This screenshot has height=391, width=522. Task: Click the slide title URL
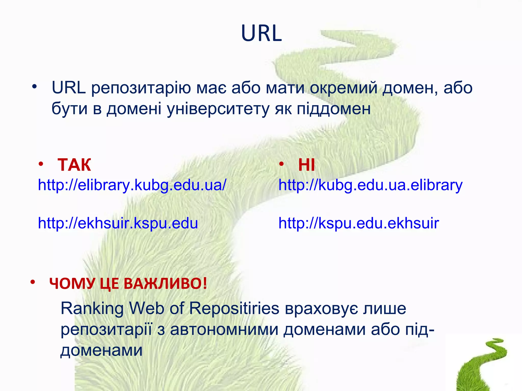(261, 33)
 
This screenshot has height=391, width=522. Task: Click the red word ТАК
(74, 165)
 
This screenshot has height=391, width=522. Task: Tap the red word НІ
(306, 165)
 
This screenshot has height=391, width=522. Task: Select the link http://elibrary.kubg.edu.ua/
(132, 185)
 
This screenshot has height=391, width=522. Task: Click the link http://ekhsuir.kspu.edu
(118, 223)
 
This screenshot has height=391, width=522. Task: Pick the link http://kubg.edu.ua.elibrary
(370, 185)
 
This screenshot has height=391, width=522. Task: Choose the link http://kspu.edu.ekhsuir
(358, 223)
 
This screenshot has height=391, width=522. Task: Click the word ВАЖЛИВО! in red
(165, 283)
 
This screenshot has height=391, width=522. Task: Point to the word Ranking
(92, 308)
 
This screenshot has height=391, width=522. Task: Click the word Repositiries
(234, 308)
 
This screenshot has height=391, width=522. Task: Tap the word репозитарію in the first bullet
(141, 88)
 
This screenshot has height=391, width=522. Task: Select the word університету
(218, 109)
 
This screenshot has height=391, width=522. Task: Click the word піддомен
(334, 109)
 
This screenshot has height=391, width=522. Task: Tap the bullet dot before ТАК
(41, 164)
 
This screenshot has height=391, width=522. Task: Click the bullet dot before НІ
(281, 164)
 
